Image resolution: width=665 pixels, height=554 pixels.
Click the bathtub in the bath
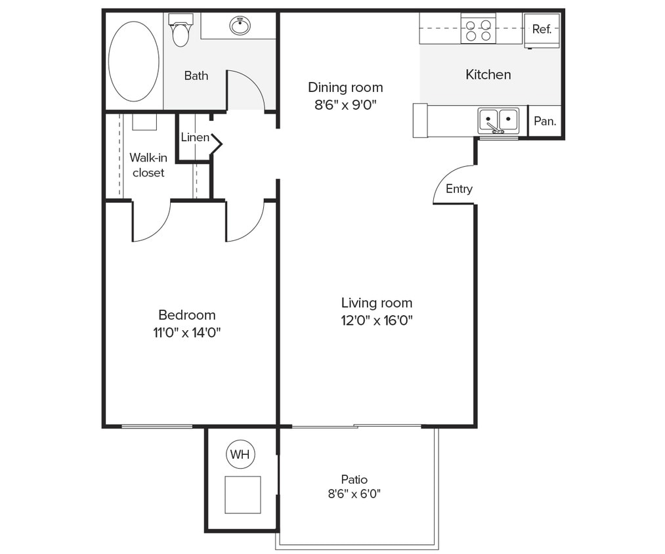click(x=133, y=61)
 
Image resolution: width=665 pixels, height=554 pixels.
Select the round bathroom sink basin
click(x=240, y=26)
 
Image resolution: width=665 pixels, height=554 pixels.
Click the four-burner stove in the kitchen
click(x=478, y=29)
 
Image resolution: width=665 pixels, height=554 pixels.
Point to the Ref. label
click(x=542, y=30)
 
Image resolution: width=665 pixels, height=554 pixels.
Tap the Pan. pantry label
click(x=545, y=121)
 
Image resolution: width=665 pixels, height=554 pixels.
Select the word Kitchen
click(x=488, y=75)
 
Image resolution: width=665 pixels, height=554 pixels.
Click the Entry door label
click(x=459, y=189)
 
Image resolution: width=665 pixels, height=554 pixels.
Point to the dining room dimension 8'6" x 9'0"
click(x=345, y=104)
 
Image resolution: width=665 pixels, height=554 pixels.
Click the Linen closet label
click(x=195, y=137)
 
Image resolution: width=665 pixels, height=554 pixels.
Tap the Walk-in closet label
click(x=148, y=165)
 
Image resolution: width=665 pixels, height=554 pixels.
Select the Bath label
click(x=196, y=76)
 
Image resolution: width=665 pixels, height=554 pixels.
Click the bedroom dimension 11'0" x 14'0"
click(x=186, y=333)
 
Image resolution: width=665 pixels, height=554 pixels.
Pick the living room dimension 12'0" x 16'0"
click(x=377, y=321)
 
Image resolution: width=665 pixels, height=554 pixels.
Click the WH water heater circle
click(x=240, y=454)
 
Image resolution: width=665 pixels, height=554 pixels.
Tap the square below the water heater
click(x=243, y=494)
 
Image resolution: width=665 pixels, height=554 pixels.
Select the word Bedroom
click(x=186, y=315)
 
